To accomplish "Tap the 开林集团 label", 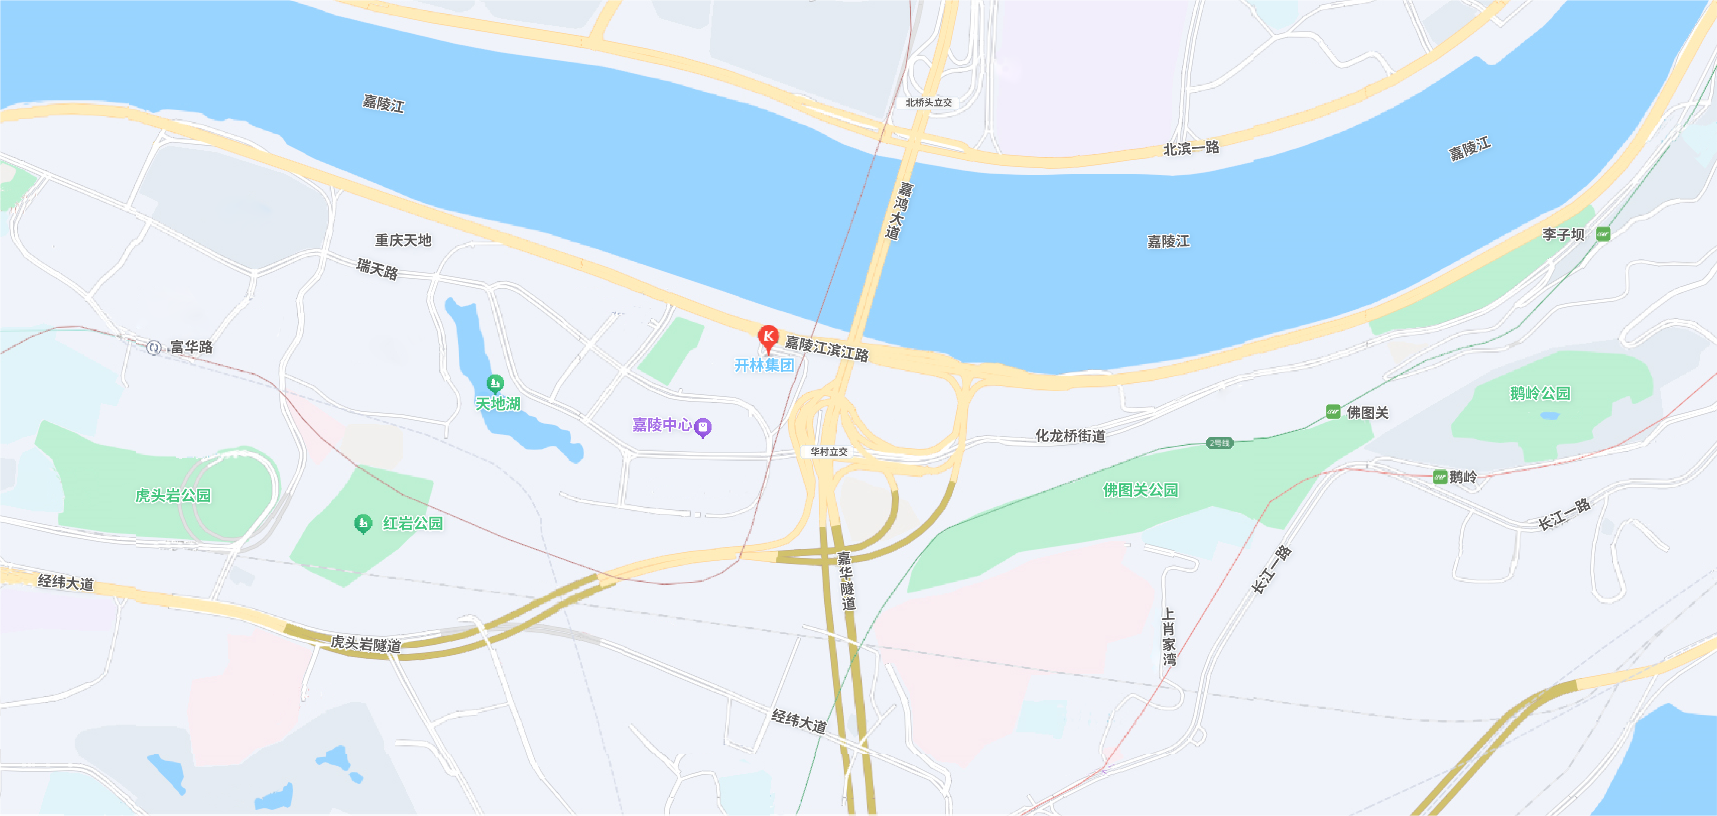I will [764, 365].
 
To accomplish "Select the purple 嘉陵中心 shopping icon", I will [703, 427].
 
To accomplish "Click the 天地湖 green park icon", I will [494, 384].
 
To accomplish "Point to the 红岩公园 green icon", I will [363, 523].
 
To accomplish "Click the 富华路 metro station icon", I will [154, 348].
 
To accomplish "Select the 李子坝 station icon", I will [1603, 235].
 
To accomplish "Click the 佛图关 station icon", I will [1333, 412].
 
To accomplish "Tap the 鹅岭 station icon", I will [1440, 477].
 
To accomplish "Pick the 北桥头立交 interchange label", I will [929, 103].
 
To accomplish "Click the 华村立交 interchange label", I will [829, 452].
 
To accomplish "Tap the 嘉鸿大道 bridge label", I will [899, 210].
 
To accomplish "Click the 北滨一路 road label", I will [1191, 148].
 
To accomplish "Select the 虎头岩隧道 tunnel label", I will [366, 644].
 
